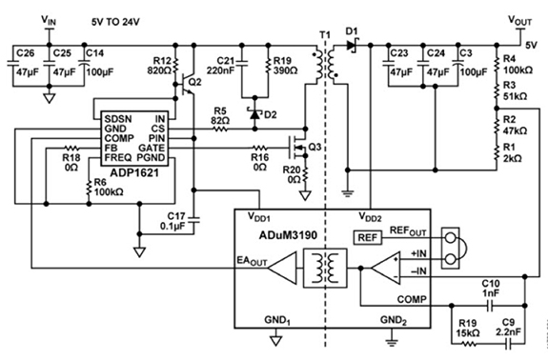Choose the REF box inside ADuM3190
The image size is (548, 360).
point(367,237)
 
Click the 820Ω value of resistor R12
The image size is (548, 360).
point(159,70)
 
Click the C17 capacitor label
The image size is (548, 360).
point(174,215)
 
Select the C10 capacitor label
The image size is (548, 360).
point(491,283)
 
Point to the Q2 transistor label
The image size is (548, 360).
point(194,83)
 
